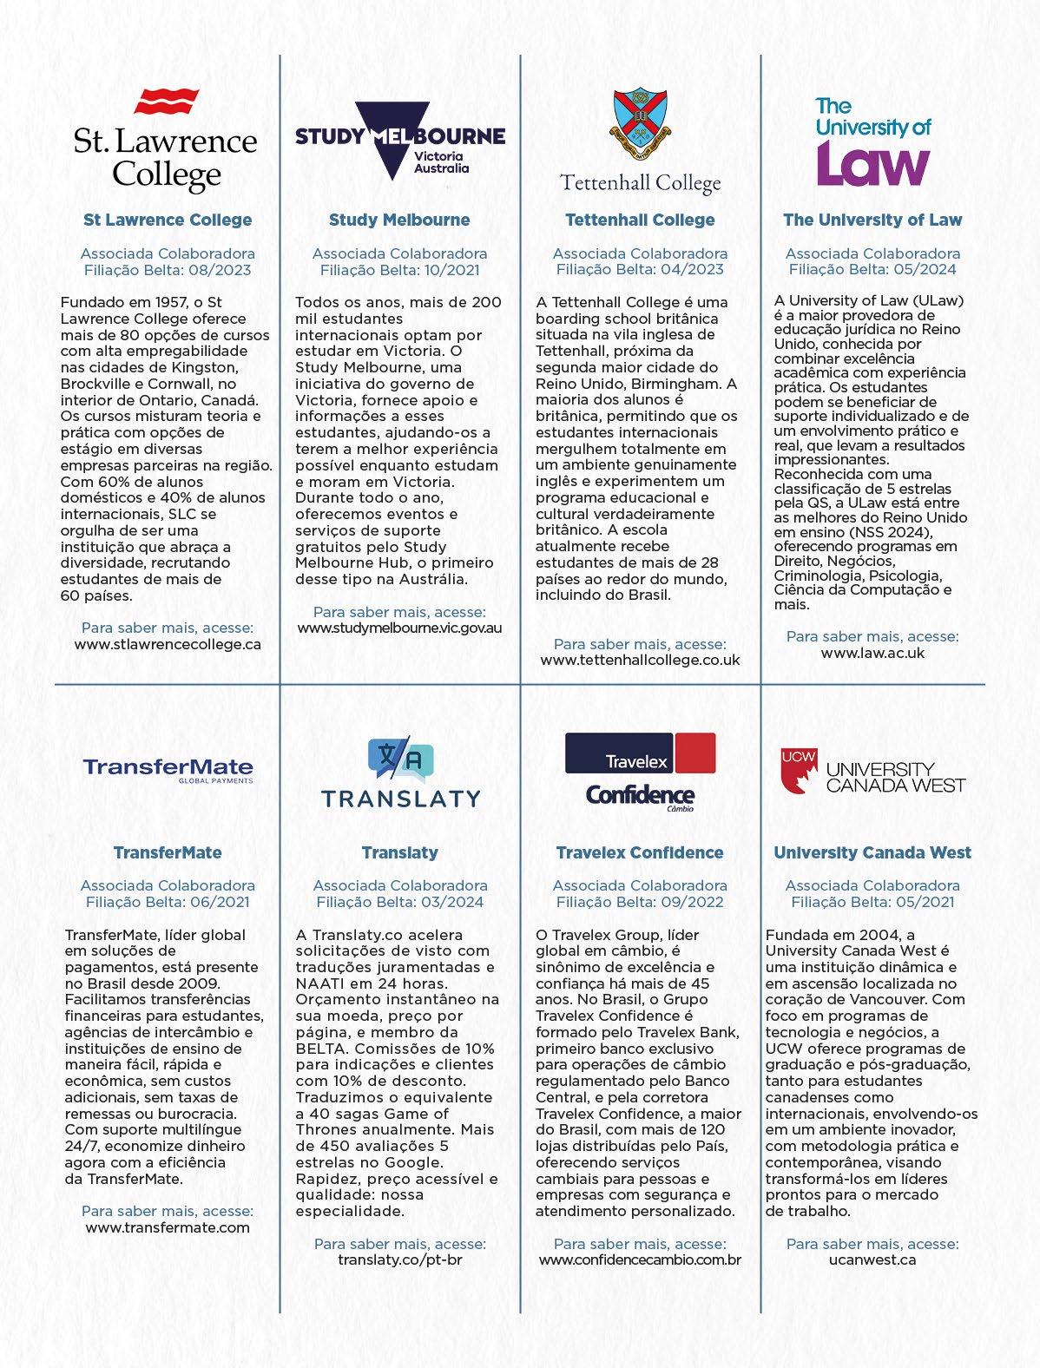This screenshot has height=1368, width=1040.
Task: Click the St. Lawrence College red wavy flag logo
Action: (x=167, y=102)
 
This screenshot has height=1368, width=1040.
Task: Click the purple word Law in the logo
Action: (x=872, y=163)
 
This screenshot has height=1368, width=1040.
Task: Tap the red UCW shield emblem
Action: (x=798, y=771)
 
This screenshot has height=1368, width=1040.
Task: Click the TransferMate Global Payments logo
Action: (x=168, y=770)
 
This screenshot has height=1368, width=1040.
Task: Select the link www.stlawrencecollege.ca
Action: (x=168, y=644)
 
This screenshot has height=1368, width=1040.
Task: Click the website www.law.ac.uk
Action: (x=872, y=653)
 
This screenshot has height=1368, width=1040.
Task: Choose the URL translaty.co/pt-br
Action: (x=400, y=1259)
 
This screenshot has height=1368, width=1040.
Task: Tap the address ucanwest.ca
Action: (x=872, y=1259)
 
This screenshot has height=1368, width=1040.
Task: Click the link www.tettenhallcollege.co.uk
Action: (x=640, y=660)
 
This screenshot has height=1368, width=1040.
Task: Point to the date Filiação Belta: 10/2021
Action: (x=400, y=270)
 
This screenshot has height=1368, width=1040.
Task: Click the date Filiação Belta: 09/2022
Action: (x=640, y=902)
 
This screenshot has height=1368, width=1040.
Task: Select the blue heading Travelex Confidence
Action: (x=640, y=852)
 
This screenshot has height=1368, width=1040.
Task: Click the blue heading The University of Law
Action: (x=872, y=220)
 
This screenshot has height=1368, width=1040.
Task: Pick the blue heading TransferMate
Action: (x=168, y=852)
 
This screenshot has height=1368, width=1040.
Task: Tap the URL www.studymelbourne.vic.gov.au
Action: (x=400, y=628)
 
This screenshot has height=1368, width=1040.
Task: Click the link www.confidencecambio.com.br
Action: (x=640, y=1259)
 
